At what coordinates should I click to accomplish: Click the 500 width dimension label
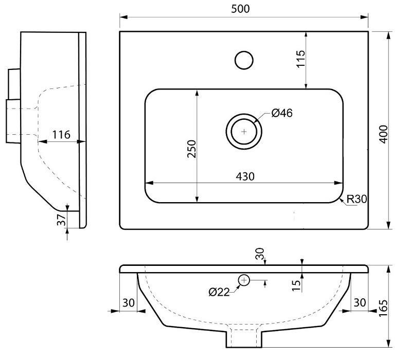point(240,9)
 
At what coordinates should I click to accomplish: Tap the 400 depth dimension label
point(383,134)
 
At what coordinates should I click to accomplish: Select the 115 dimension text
point(301,59)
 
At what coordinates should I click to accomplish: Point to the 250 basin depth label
point(192,149)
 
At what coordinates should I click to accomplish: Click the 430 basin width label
point(245,177)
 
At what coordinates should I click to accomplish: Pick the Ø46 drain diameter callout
point(282,113)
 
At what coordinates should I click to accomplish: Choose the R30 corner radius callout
point(357,199)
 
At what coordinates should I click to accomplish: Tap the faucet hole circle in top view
point(244,60)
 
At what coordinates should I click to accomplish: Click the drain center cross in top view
point(244,131)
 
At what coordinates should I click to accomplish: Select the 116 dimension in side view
point(61,135)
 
